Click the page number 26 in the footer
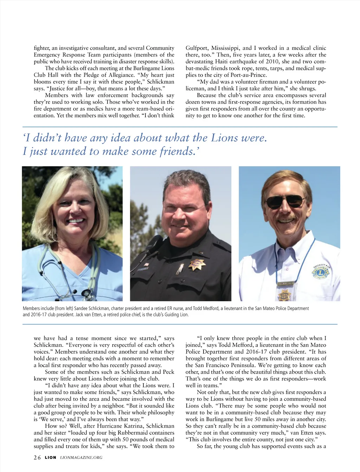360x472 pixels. pyautogui.click(x=37, y=457)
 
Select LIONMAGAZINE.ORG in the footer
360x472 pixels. pyautogui.click(x=81, y=457)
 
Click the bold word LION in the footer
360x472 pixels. pyautogui.click(x=50, y=457)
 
